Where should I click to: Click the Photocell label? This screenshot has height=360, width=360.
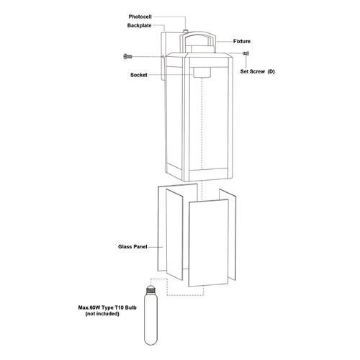140,17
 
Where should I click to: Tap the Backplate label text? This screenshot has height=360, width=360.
140,25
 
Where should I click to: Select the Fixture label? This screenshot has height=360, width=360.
242,41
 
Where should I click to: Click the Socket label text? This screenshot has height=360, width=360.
139,75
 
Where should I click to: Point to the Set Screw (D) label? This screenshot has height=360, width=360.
258,71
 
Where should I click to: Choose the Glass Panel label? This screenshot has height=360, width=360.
132,246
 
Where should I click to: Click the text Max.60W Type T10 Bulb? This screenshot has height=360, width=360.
107,307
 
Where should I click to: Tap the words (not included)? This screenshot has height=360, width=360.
102,314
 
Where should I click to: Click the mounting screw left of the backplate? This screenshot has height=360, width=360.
127,56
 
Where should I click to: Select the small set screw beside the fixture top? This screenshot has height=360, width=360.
246,53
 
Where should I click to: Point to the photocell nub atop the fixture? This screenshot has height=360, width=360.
185,31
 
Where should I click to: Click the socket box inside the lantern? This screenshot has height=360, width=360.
202,72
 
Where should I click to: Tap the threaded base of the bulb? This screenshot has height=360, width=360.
150,290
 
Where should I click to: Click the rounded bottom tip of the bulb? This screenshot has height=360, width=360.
150,343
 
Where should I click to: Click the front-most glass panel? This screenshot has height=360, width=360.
208,243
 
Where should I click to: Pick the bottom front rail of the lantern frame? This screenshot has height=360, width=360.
208,174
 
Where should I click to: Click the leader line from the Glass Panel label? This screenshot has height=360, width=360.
156,247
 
